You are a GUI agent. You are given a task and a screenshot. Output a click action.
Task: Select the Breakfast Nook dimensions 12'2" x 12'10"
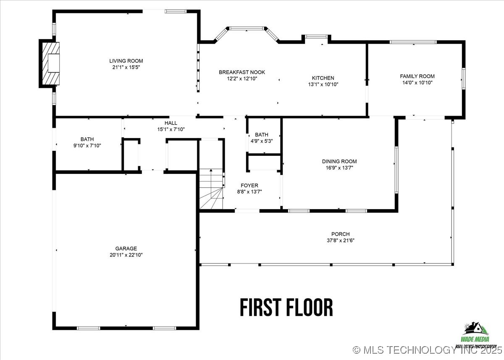click(x=241, y=79)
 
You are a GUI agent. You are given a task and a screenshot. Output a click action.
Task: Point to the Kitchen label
click(x=323, y=78)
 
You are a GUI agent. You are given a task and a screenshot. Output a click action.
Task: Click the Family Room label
click(x=417, y=76)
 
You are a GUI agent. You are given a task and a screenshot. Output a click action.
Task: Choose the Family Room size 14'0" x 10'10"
click(x=417, y=83)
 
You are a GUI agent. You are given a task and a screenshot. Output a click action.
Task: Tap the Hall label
click(x=171, y=123)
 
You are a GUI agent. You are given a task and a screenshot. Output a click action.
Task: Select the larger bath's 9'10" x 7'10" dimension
click(x=87, y=145)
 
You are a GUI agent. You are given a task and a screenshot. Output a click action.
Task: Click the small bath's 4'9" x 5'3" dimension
click(x=261, y=141)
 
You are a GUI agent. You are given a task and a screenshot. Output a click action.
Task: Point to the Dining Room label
click(x=339, y=161)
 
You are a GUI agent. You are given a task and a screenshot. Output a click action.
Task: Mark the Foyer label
click(x=249, y=185)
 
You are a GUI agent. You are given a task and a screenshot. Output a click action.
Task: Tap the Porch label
click(x=340, y=234)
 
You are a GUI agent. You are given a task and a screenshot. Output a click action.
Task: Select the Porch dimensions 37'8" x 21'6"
click(x=340, y=241)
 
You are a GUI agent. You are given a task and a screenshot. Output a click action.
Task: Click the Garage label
click(x=126, y=249)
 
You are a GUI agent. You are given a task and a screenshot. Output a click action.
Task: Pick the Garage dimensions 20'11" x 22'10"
click(x=126, y=255)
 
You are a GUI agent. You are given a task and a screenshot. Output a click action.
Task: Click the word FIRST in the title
click(x=260, y=307)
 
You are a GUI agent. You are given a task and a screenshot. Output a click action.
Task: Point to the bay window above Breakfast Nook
click(x=246, y=29)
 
